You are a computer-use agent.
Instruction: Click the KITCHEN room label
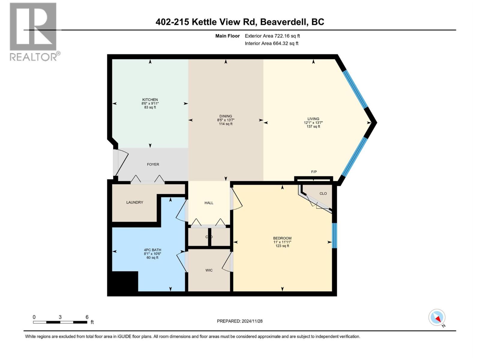150,100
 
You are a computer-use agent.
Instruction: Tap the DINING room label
226,116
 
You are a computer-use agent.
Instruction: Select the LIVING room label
313,119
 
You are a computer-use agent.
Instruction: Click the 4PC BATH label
152,250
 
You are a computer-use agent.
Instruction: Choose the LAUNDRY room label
135,202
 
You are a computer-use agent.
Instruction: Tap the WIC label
209,270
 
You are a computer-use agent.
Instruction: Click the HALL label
209,203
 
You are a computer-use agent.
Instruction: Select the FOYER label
153,164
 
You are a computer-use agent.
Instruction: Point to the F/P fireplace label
314,172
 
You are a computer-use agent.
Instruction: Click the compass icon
437,317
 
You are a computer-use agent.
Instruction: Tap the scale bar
60,322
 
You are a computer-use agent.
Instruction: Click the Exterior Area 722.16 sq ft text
272,36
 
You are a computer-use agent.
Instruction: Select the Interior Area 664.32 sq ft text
271,43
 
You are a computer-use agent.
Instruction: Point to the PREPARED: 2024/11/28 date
240,321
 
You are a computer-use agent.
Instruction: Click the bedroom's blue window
335,235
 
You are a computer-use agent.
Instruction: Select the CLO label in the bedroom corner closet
323,193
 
